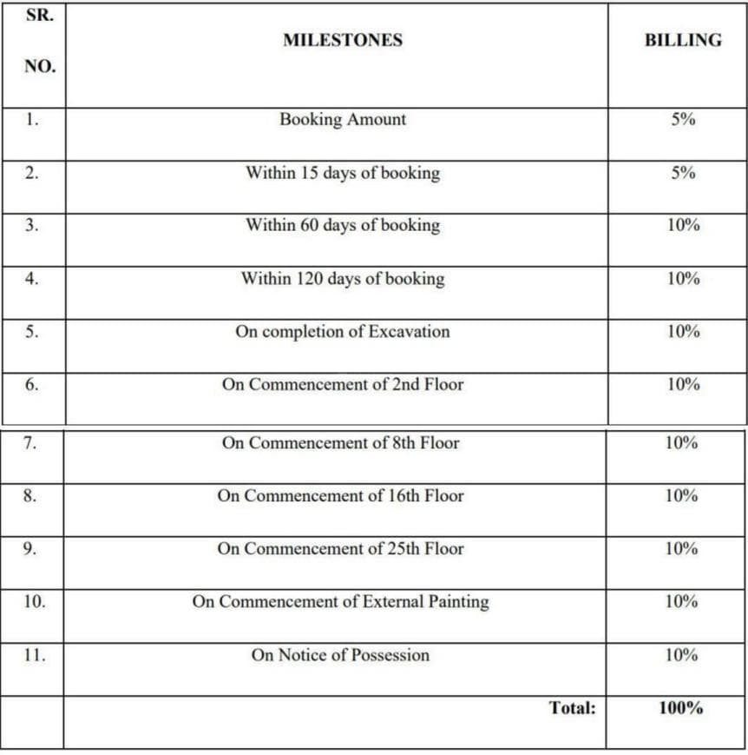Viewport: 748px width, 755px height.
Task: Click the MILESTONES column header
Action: point(342,40)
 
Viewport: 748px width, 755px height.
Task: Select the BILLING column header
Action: point(683,40)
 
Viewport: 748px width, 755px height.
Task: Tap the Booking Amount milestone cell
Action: point(342,120)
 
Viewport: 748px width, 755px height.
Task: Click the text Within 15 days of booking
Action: point(342,173)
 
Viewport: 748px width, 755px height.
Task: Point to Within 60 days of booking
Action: point(342,226)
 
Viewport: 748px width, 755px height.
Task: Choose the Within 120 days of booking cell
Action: point(342,279)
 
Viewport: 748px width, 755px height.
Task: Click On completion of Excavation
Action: point(342,332)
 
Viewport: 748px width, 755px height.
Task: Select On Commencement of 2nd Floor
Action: point(342,384)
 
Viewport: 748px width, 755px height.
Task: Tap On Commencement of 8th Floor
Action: point(340,443)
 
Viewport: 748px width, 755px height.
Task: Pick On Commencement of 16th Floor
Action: point(340,496)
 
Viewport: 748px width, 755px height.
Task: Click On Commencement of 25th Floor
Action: point(340,549)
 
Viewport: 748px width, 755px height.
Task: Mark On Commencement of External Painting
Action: point(340,602)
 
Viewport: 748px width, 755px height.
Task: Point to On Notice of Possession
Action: point(340,655)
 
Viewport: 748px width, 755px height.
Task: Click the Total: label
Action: point(572,708)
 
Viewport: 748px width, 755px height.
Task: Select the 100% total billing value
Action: point(680,708)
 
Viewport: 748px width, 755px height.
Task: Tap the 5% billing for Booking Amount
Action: point(682,120)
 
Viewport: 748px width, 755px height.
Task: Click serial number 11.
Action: point(33,655)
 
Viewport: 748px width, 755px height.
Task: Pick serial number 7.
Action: point(30,443)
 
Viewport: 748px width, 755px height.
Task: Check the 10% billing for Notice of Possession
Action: point(682,655)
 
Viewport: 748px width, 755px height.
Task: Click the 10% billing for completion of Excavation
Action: point(682,332)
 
